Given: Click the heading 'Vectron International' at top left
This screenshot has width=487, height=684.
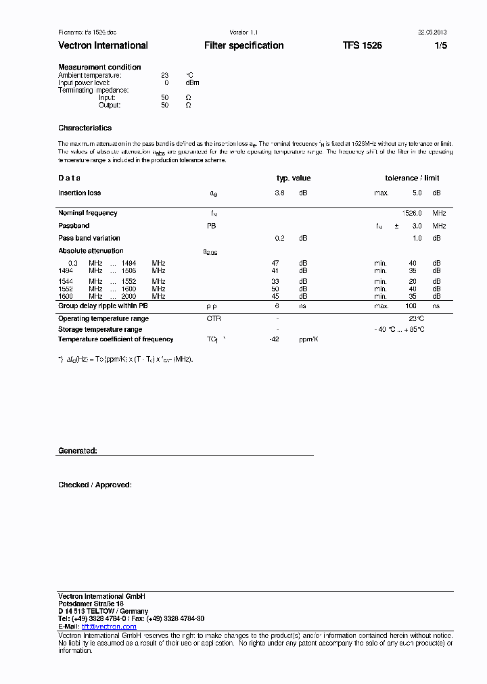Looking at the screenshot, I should point(103,45).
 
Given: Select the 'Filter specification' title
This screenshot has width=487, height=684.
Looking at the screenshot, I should point(243,45).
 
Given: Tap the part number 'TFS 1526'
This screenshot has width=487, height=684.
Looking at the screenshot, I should point(362,45).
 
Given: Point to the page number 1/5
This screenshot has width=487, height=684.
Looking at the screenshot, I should point(440,45).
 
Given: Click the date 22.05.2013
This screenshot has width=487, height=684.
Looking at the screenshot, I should point(432,32).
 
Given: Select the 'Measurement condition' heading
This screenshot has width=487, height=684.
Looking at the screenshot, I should point(99,67).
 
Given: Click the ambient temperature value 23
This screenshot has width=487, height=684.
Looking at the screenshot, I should point(164,75).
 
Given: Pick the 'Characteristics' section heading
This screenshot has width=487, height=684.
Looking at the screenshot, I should point(85,128).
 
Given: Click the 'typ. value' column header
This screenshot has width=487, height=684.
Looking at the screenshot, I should point(294,178).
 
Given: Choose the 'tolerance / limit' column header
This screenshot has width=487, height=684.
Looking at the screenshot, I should point(412,178).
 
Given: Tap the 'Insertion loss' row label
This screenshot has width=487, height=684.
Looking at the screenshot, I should point(79,193).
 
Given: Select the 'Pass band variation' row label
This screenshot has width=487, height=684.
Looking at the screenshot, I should point(89,238).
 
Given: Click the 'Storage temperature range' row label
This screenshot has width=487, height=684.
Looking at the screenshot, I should point(99,329).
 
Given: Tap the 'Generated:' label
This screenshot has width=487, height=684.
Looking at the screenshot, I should point(77,450).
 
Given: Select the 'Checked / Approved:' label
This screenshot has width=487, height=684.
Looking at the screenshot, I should point(95,485).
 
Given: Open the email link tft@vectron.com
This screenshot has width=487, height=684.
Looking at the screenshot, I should point(109,627).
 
